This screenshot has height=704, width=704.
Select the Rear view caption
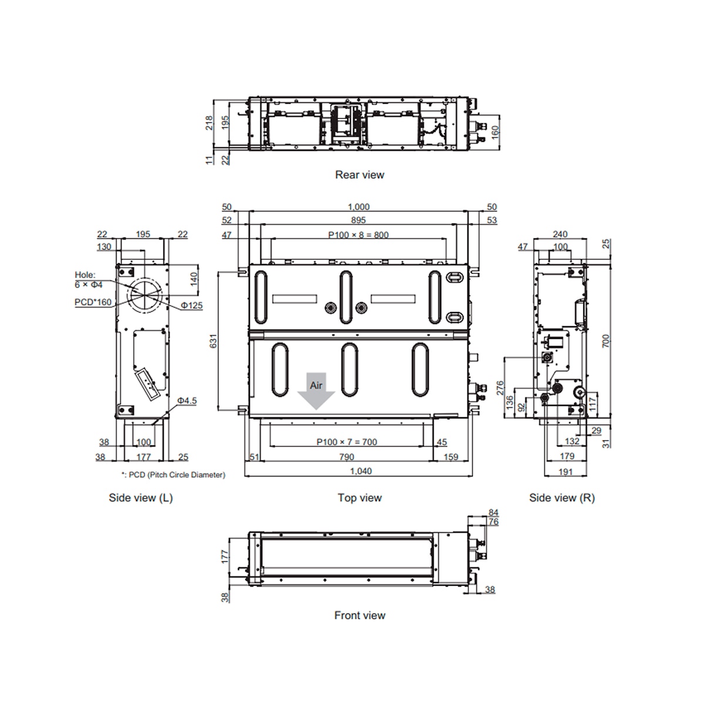[x=360, y=175]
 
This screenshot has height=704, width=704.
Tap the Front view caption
[x=360, y=615]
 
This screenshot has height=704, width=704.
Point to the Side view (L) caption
[x=141, y=497]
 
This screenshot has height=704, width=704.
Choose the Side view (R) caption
[x=562, y=497]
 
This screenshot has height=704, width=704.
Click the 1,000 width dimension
[x=358, y=207]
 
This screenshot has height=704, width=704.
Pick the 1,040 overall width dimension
[x=361, y=471]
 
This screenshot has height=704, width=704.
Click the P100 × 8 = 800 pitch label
[x=358, y=235]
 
